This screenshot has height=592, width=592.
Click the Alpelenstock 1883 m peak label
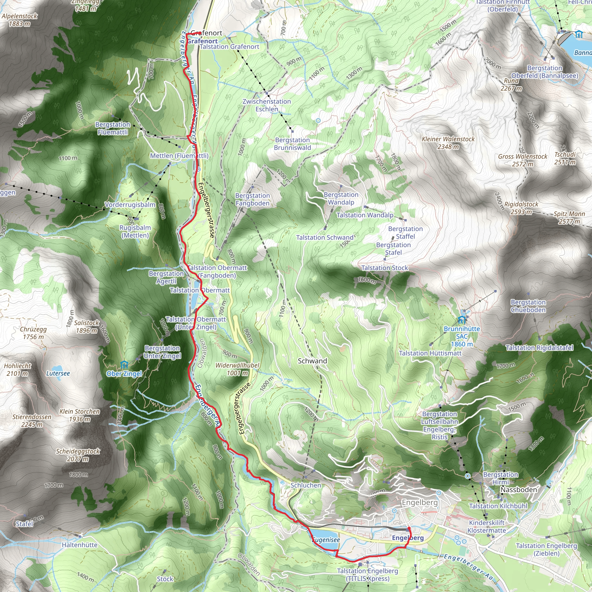coord(20,20)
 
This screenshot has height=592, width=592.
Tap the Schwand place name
coord(312,361)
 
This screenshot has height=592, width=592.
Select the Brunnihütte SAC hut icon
coord(461,321)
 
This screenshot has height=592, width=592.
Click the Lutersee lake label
coord(58,373)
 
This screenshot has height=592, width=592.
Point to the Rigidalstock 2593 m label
coord(521,208)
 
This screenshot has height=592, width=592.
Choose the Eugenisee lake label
coord(326,540)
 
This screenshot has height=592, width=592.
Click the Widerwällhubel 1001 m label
coord(237,369)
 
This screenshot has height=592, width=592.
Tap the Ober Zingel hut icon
coord(124,365)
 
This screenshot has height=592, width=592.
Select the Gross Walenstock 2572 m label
coord(522,160)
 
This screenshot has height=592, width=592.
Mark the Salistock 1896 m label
coord(87,327)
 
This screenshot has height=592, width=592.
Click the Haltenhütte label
coord(80,545)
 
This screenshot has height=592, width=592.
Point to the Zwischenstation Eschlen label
coord(267,105)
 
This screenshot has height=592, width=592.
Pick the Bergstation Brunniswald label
coord(292,144)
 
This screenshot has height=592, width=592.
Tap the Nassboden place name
coord(519,490)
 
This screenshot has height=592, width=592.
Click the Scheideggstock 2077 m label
coord(78,455)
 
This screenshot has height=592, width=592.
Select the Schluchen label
coord(306,485)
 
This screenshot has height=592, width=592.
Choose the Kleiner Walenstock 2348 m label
coord(448,143)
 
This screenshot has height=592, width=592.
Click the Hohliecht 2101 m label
coord(17,369)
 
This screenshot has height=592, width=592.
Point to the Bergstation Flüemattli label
coord(113,128)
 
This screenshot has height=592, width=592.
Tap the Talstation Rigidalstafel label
coord(539,348)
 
